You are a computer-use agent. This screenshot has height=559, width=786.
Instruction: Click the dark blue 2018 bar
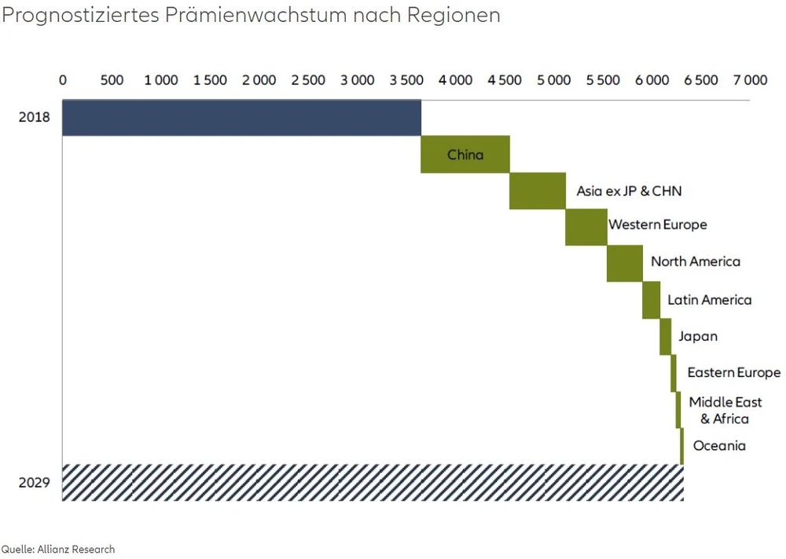coord(241,118)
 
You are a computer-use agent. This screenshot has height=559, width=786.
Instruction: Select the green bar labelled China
coord(465,155)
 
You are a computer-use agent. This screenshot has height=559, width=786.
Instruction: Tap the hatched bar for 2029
coord(373,482)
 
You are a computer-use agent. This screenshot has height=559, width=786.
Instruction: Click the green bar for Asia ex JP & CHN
coord(538,191)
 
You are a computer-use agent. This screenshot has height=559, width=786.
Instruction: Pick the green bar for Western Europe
coord(586,228)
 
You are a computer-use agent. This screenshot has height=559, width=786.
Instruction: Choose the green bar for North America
coord(625,264)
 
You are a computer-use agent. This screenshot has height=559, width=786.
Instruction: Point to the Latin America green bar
coord(651,300)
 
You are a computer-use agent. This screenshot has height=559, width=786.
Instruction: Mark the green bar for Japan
coord(666,337)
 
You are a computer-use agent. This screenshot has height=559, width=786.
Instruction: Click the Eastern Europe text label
coord(734,373)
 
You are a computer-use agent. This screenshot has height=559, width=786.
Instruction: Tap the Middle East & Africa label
coord(725,411)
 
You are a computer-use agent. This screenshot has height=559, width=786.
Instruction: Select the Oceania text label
coord(719,446)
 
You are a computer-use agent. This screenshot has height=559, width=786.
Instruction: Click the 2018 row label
coord(35,118)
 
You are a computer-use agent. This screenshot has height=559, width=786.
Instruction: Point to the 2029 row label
coord(35,482)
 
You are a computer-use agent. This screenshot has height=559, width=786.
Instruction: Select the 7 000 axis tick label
coord(750,80)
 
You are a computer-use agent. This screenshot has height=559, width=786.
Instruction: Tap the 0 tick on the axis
coord(63,80)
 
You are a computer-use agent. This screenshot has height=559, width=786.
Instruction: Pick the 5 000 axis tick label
coord(553,80)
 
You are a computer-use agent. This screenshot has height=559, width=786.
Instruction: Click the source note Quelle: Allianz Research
coord(58,549)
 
